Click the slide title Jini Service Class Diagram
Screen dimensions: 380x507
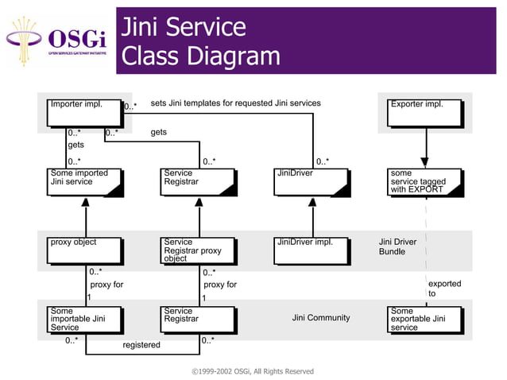(x=200, y=41)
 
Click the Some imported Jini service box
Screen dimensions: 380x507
(x=84, y=181)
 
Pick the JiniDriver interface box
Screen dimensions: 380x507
(x=311, y=181)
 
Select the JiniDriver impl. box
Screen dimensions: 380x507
(x=311, y=250)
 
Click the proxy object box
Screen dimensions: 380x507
(x=84, y=250)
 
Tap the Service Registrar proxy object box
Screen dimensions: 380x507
(x=198, y=250)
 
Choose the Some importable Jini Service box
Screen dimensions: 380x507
(x=84, y=319)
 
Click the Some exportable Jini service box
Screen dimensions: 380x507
(x=424, y=319)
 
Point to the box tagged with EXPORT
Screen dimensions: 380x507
(x=424, y=181)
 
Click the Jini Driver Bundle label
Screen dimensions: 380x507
(x=397, y=246)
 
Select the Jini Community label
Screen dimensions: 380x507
(x=321, y=318)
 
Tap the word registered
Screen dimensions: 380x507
(x=141, y=345)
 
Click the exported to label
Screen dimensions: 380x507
(x=443, y=289)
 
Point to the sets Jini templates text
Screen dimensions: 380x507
(x=235, y=103)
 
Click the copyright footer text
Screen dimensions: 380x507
(x=253, y=371)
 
